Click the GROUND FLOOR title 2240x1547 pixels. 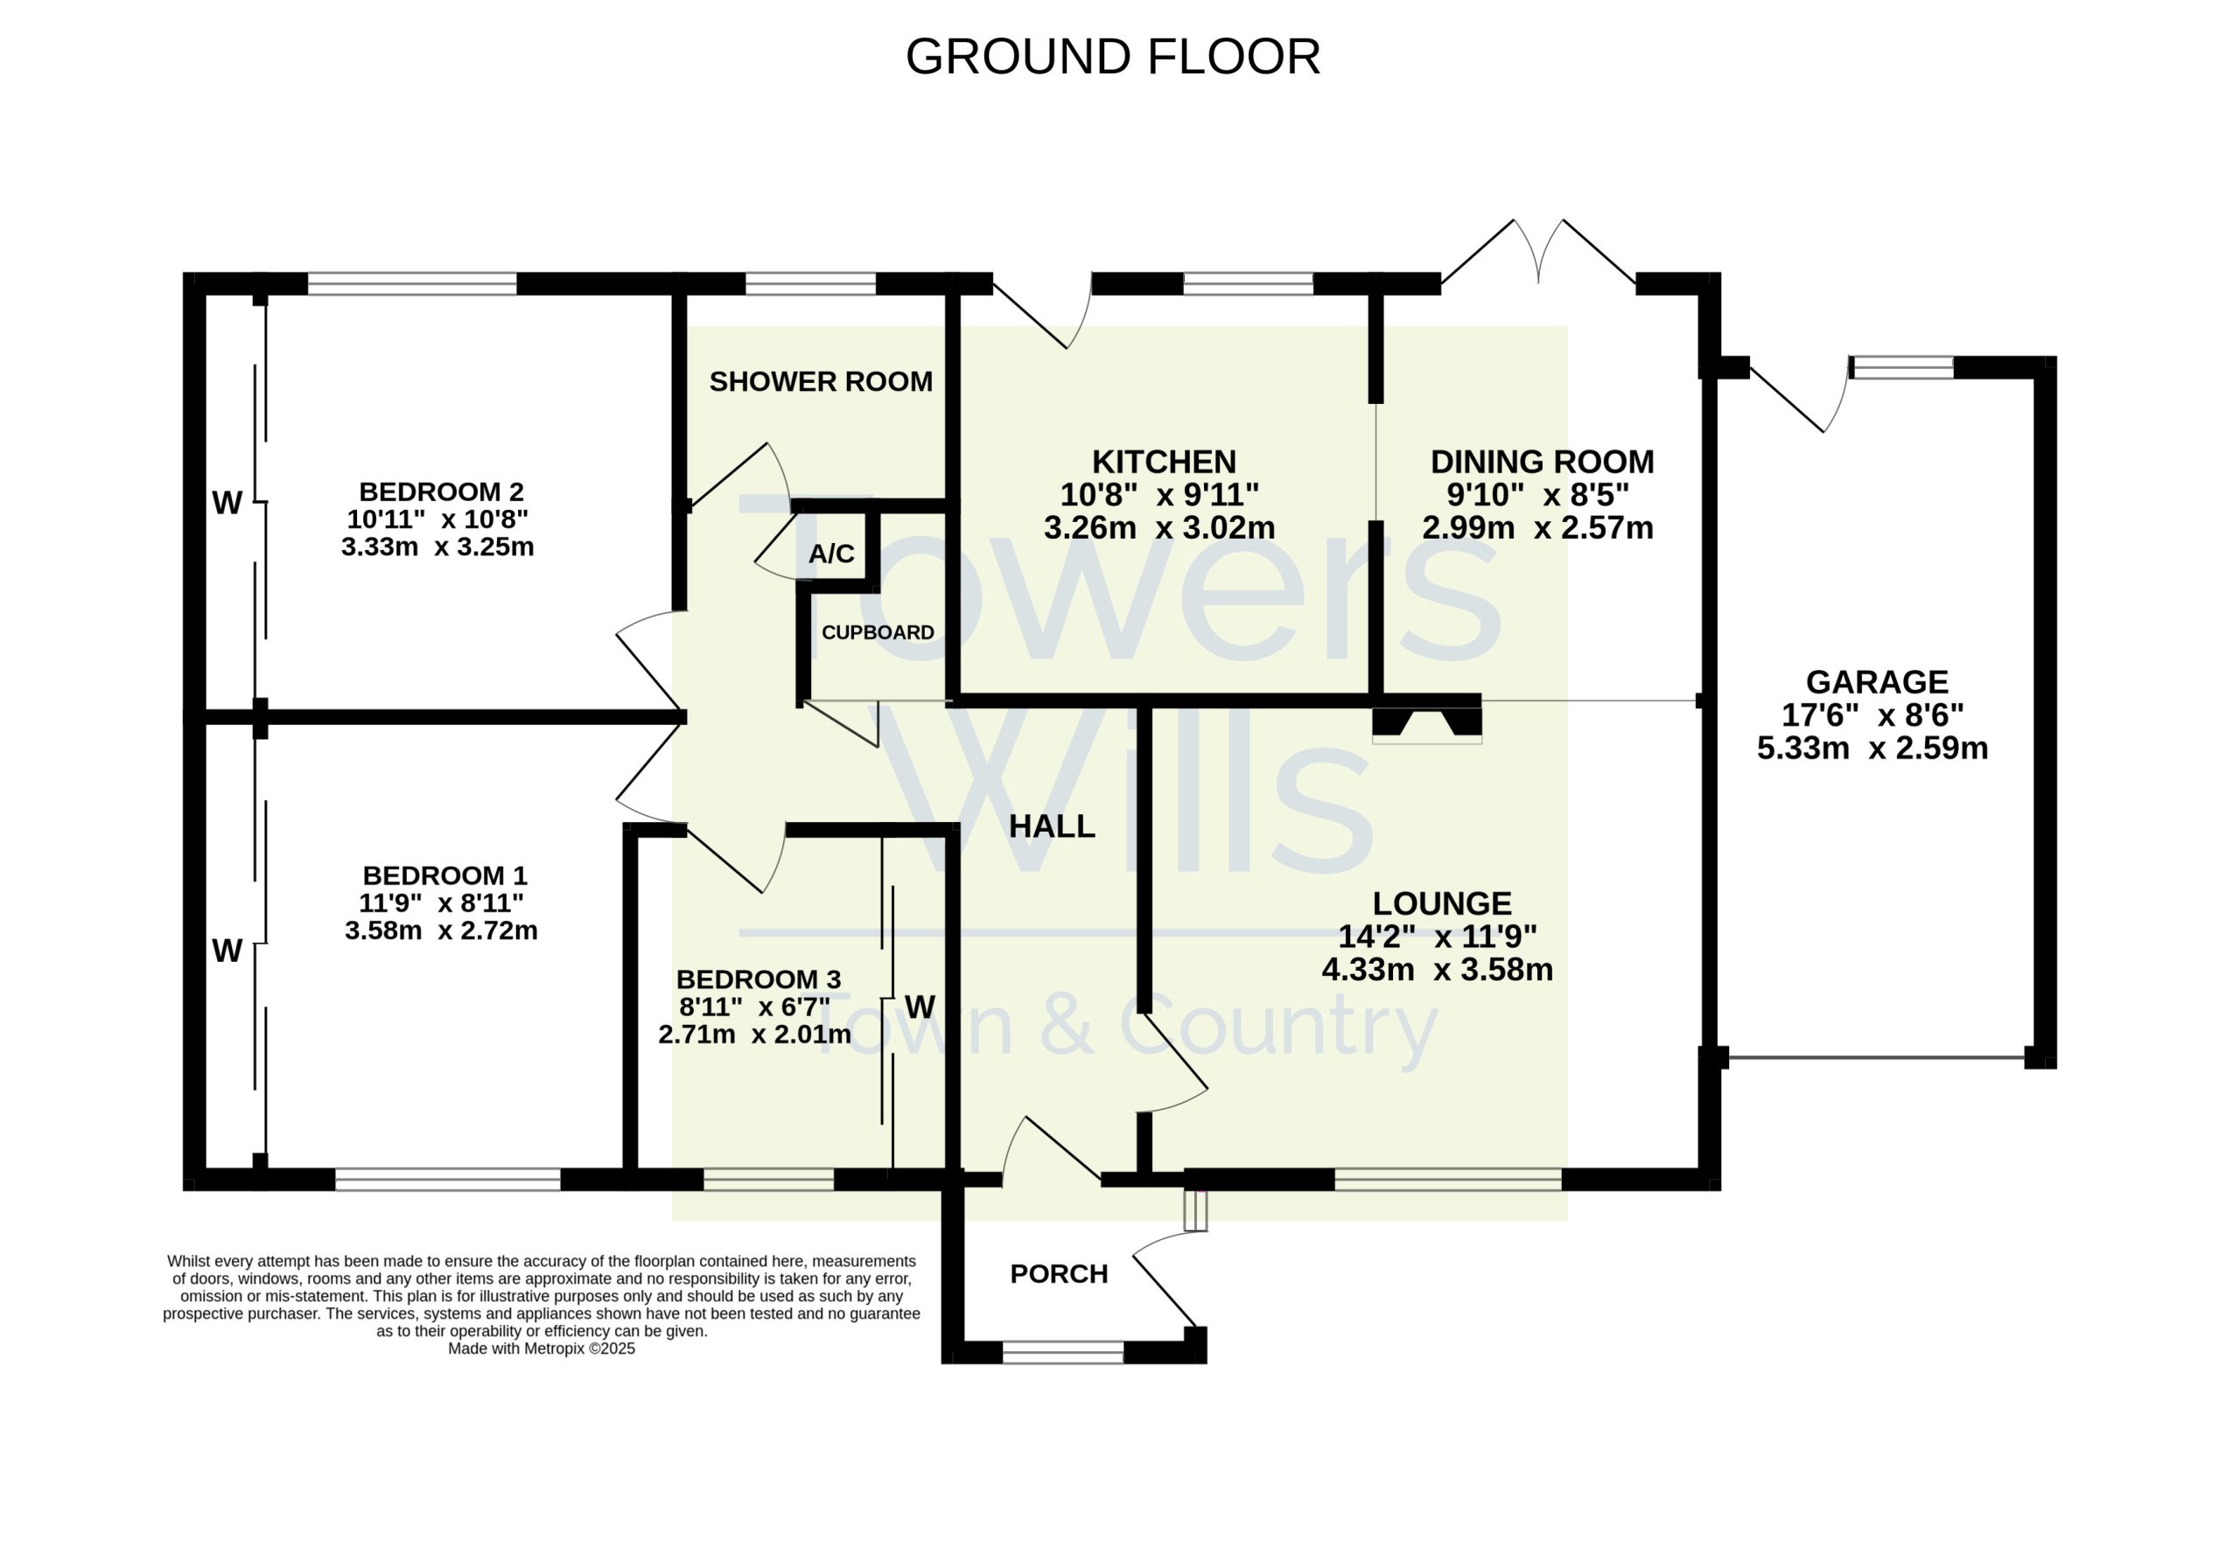[x=1113, y=56]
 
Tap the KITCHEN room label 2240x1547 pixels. [x=1164, y=462]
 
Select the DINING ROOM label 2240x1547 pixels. [x=1543, y=462]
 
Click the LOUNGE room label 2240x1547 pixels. [x=1442, y=903]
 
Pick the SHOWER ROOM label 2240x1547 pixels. [x=821, y=382]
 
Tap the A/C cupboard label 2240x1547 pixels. [x=832, y=554]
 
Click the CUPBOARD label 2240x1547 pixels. [x=878, y=633]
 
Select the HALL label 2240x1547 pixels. [x=1052, y=826]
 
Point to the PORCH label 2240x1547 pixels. [x=1059, y=1273]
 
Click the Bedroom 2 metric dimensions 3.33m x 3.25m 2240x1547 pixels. [x=437, y=547]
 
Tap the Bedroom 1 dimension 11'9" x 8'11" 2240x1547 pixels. [x=441, y=903]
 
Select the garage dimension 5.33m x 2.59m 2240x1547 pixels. [x=1872, y=749]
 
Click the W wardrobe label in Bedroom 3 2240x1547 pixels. [x=920, y=1007]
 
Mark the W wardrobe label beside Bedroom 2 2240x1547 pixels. [x=227, y=503]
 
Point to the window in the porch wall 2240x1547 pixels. [x=1063, y=1352]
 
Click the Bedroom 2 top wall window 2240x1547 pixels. [x=412, y=283]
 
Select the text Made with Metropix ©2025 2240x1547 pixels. [x=541, y=1348]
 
